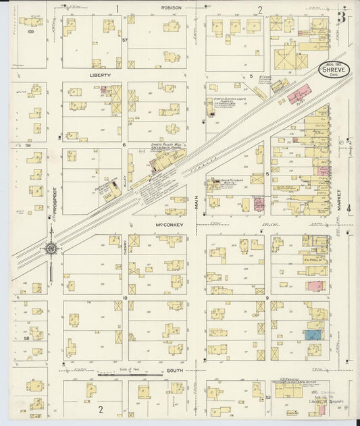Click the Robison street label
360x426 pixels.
(172, 8)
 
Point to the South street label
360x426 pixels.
(175, 371)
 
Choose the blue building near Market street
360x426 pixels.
(312, 334)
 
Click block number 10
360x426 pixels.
(125, 298)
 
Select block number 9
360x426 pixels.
(267, 298)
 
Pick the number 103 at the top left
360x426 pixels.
(30, 30)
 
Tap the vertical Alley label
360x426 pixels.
(125, 178)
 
